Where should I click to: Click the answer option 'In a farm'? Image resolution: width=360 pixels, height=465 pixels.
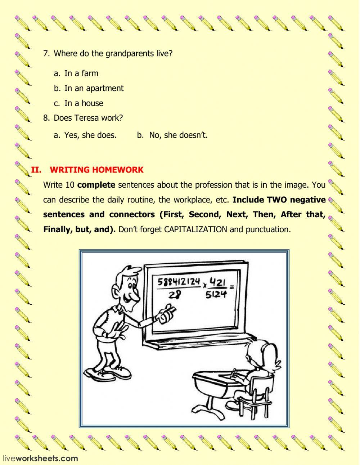81,73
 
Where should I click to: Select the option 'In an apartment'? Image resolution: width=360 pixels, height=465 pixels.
94,88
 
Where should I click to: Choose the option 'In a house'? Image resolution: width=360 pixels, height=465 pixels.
84,103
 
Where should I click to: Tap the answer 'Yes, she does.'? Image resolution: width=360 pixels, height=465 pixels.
90,135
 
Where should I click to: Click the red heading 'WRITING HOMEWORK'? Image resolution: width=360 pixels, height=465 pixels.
96,170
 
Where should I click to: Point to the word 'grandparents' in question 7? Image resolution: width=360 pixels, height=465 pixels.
128,54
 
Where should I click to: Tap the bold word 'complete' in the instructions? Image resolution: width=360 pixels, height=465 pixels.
96,185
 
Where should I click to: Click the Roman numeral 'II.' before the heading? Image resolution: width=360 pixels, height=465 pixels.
36,170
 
